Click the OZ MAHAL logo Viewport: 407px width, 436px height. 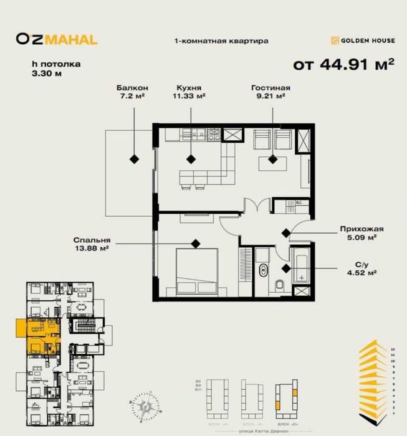tap(57, 40)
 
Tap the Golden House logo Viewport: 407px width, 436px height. tap(363, 41)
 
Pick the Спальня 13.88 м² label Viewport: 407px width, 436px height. tap(91, 244)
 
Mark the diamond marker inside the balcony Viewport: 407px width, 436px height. tap(134, 159)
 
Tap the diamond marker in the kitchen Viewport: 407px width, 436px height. tap(192, 159)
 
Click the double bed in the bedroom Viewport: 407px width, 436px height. tap(196, 271)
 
